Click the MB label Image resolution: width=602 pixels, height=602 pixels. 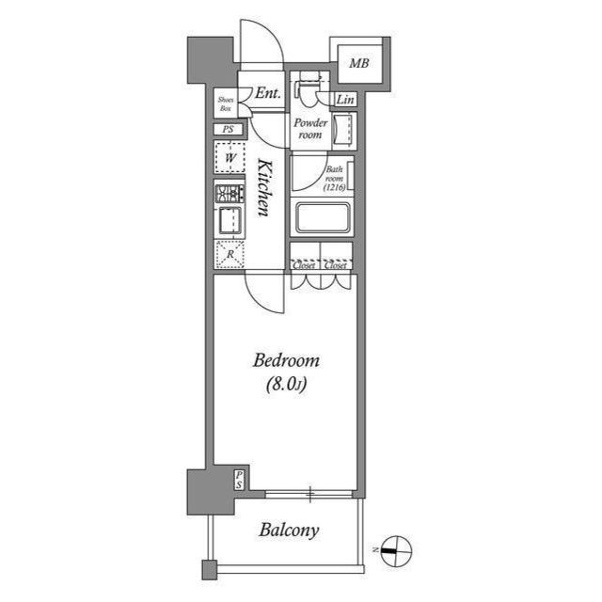pyautogui.click(x=358, y=64)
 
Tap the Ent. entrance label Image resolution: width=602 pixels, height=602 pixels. pyautogui.click(x=267, y=93)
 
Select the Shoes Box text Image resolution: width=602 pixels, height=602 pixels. pyautogui.click(x=226, y=103)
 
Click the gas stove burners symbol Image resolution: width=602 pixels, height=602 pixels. pyautogui.click(x=230, y=195)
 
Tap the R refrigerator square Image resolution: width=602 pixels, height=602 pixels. pyautogui.click(x=230, y=254)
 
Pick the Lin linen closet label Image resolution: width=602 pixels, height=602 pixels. pyautogui.click(x=345, y=101)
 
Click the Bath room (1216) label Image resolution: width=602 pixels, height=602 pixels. pyautogui.click(x=336, y=179)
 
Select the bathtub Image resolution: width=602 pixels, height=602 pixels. pyautogui.click(x=323, y=219)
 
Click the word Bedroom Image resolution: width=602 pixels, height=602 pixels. pyautogui.click(x=287, y=360)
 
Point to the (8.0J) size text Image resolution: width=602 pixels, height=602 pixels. pyautogui.click(x=287, y=383)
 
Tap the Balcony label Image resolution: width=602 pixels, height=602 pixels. pyautogui.click(x=288, y=530)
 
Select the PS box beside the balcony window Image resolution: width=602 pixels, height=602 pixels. pyautogui.click(x=240, y=479)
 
